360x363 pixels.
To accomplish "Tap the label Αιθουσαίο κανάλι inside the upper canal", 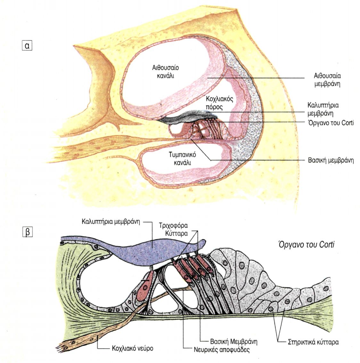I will click(x=165, y=72).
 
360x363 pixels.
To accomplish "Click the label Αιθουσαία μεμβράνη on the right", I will click(x=327, y=80).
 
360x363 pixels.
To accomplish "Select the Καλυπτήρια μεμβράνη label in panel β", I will click(x=113, y=221).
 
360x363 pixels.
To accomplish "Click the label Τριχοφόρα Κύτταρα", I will click(x=173, y=229).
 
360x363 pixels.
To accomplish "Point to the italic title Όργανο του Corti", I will click(x=305, y=245).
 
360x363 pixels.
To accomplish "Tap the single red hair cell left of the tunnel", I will click(x=144, y=286).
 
